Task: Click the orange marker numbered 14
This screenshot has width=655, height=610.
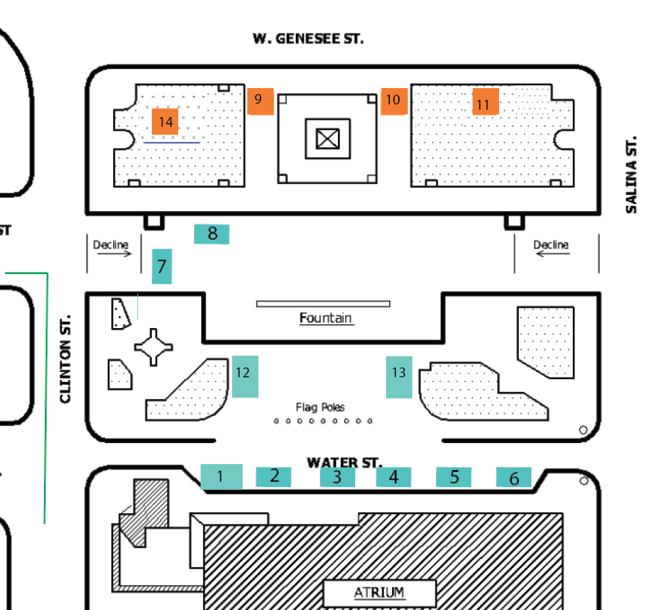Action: point(165,122)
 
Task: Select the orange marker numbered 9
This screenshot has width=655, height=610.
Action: point(260,101)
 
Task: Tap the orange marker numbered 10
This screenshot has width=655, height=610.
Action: point(394,101)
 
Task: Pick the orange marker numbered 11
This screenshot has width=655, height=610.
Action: point(485,101)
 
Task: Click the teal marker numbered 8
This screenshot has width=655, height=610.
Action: point(211,234)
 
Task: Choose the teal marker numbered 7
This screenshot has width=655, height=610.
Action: point(162,266)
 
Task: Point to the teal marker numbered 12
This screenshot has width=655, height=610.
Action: point(245,377)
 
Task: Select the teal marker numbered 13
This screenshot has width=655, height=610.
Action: point(399,377)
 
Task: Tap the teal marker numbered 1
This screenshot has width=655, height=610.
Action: point(222,477)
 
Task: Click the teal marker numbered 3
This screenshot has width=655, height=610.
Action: point(337,477)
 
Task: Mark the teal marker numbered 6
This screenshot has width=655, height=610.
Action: point(514,477)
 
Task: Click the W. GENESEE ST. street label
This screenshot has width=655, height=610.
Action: point(308,39)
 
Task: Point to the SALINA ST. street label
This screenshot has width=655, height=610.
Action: point(631,175)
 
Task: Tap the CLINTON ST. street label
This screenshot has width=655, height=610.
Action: point(65,359)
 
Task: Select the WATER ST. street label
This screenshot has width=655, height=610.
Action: point(344,463)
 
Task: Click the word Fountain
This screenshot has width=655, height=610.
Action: point(326,318)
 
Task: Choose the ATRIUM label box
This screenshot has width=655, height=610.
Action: point(379,593)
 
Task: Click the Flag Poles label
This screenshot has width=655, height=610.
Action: point(320,407)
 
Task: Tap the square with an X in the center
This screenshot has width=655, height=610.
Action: point(328,139)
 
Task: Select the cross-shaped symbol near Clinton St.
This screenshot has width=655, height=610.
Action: point(153,347)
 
